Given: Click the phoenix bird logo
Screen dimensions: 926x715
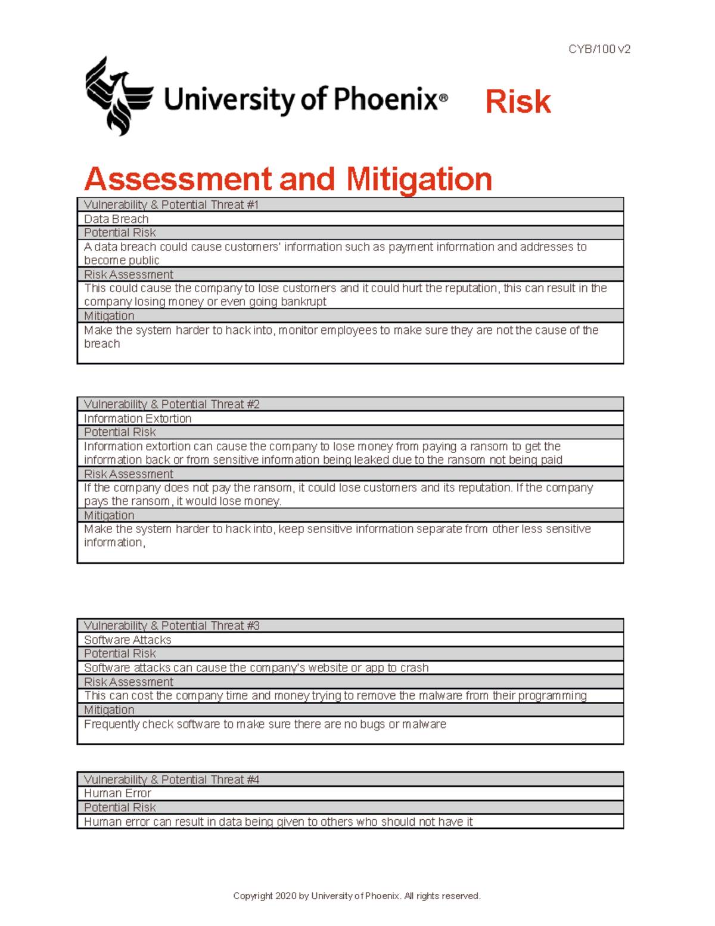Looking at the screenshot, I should tap(119, 96).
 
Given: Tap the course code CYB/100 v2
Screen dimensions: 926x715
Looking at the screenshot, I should tap(599, 49).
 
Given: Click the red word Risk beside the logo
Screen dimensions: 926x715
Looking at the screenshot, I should tap(518, 101).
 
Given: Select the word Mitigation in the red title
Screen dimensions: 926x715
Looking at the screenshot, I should tap(419, 179).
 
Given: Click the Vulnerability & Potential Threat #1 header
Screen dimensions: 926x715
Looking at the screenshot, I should tap(171, 205).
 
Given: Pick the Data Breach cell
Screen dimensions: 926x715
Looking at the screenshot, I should tap(116, 219).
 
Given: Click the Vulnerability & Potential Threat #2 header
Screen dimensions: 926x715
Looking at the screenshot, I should tap(172, 404).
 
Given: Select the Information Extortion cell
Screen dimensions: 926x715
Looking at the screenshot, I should tap(138, 419).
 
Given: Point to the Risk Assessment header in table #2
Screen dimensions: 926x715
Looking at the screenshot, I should tap(129, 474).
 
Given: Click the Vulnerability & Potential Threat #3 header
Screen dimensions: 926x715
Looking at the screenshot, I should tap(172, 625).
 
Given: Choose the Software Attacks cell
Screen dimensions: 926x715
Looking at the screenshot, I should tap(128, 640).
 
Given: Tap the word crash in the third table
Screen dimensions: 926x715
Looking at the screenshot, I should tap(414, 668).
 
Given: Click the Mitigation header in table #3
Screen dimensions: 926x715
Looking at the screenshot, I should tap(109, 710).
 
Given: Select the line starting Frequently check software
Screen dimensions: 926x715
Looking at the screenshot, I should tap(265, 724).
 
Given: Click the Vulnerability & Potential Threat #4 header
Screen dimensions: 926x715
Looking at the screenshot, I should tap(172, 779).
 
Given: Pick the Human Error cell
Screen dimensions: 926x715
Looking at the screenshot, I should tap(117, 793).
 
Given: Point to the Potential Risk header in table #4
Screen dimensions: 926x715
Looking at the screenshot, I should tap(120, 807).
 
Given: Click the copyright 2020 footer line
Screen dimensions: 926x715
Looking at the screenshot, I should tap(356, 896).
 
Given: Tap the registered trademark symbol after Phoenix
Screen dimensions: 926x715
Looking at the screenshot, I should tap(443, 99).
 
